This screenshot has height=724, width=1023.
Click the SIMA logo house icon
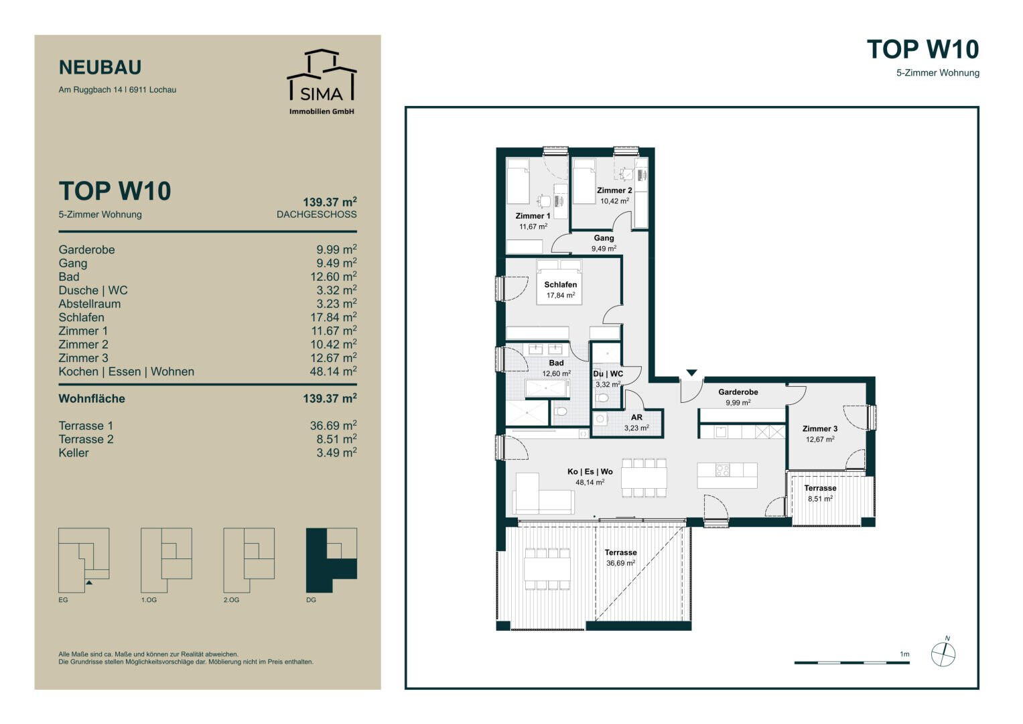tap(322, 74)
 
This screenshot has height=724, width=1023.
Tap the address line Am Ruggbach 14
tap(90, 90)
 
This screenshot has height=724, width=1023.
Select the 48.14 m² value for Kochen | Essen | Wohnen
tap(334, 371)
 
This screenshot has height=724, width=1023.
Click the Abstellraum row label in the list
tap(90, 304)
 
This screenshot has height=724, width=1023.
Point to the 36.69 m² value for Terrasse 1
tap(334, 426)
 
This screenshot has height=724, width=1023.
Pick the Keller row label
tap(74, 453)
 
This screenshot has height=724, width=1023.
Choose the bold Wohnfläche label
tap(92, 399)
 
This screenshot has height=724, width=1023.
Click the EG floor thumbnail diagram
tap(84, 560)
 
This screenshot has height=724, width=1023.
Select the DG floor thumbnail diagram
tap(332, 560)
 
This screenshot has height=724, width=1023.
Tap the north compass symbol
tap(943, 654)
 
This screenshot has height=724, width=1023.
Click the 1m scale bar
tap(851, 662)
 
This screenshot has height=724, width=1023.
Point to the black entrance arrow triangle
tap(691, 373)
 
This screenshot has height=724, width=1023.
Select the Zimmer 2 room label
tap(614, 190)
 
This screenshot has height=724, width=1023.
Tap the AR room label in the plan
tap(636, 417)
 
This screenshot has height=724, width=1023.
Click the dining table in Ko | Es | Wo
tap(644, 477)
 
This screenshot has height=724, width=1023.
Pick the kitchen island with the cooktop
tap(727, 475)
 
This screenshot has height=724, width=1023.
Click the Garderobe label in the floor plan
tap(738, 392)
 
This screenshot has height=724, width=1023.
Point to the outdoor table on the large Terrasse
tap(547, 570)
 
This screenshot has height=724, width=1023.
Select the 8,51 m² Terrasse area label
tap(820, 499)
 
